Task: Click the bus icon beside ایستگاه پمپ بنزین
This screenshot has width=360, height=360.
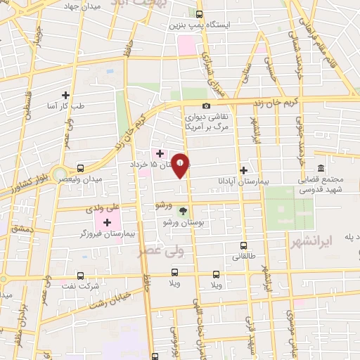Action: (x=199, y=14)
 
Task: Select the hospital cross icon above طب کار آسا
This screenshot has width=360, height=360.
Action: (x=66, y=95)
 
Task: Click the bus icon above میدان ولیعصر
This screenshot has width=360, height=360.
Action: (x=81, y=168)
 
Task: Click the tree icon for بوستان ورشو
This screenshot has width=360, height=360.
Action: (x=183, y=210)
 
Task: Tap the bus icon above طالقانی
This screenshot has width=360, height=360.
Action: (x=243, y=245)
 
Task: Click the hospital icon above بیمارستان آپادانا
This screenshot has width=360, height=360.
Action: (x=243, y=169)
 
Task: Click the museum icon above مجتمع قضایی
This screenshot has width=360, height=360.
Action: (x=321, y=168)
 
